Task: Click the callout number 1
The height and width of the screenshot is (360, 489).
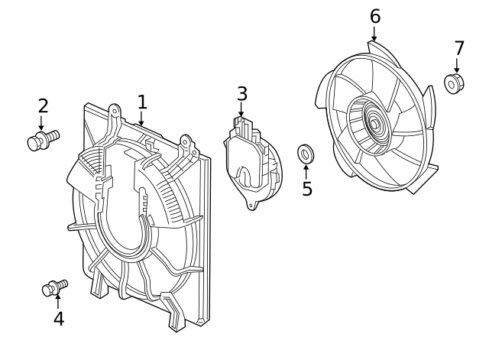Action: pyautogui.click(x=142, y=102)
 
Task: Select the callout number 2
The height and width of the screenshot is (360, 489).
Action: pyautogui.click(x=44, y=105)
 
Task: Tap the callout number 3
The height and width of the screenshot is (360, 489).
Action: pyautogui.click(x=242, y=94)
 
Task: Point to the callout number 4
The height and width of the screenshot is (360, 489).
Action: pyautogui.click(x=59, y=319)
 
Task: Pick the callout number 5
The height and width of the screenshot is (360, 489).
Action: pyautogui.click(x=307, y=189)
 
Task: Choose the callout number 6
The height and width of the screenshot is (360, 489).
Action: pyautogui.click(x=375, y=16)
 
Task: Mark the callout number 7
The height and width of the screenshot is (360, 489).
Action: pyautogui.click(x=459, y=48)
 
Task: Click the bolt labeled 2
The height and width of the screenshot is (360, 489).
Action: pyautogui.click(x=43, y=141)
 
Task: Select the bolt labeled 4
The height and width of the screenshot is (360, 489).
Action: pyautogui.click(x=55, y=288)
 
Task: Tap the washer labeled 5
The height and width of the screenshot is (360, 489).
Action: pyautogui.click(x=306, y=154)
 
